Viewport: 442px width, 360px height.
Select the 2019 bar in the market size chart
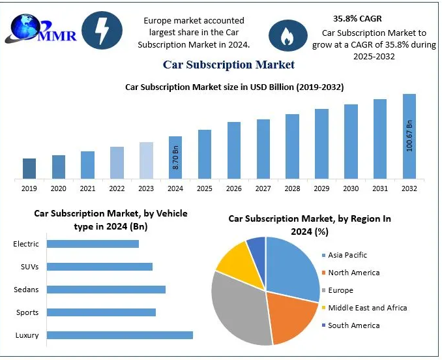click(x=29, y=168)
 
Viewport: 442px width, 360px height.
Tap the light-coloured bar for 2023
click(x=147, y=160)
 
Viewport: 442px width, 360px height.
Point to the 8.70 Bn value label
click(x=175, y=158)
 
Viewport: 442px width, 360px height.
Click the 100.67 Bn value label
click(x=409, y=136)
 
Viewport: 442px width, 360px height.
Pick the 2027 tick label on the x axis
click(x=263, y=188)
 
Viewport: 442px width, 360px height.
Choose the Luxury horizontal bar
click(x=120, y=335)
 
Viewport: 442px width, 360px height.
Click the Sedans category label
click(x=27, y=290)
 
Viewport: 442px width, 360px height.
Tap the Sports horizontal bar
click(x=102, y=312)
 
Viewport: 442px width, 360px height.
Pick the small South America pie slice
click(x=257, y=247)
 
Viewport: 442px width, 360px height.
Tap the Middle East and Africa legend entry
click(x=367, y=307)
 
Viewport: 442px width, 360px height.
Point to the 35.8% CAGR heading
click(x=357, y=18)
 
